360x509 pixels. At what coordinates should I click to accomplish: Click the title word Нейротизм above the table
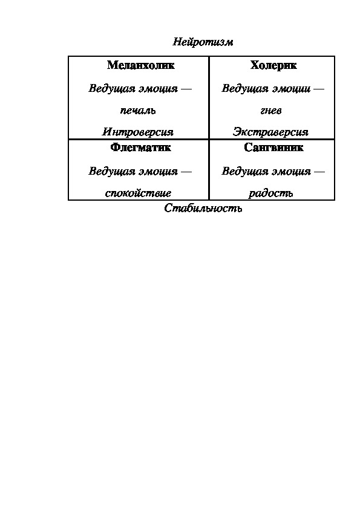pyautogui.click(x=203, y=42)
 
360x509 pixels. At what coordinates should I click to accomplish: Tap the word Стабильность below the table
pyautogui.click(x=203, y=208)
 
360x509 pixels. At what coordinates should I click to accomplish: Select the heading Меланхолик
pyautogui.click(x=141, y=65)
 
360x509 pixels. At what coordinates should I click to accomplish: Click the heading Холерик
pyautogui.click(x=273, y=65)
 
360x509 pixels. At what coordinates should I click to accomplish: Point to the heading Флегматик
pyautogui.click(x=141, y=148)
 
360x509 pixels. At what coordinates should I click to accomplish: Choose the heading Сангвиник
pyautogui.click(x=273, y=148)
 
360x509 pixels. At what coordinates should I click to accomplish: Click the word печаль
pyautogui.click(x=138, y=111)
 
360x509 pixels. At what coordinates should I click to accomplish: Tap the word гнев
pyautogui.click(x=271, y=111)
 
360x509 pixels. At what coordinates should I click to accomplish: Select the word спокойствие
pyautogui.click(x=138, y=193)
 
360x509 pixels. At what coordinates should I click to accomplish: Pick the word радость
pyautogui.click(x=271, y=193)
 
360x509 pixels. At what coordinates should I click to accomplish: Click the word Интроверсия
pyautogui.click(x=138, y=132)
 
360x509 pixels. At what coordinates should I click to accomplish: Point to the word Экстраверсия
pyautogui.click(x=270, y=132)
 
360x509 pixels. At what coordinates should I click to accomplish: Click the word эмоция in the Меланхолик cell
pyautogui.click(x=159, y=89)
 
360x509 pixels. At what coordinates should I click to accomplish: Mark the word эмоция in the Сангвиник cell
pyautogui.click(x=292, y=172)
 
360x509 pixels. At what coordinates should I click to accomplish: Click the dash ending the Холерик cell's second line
pyautogui.click(x=319, y=89)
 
